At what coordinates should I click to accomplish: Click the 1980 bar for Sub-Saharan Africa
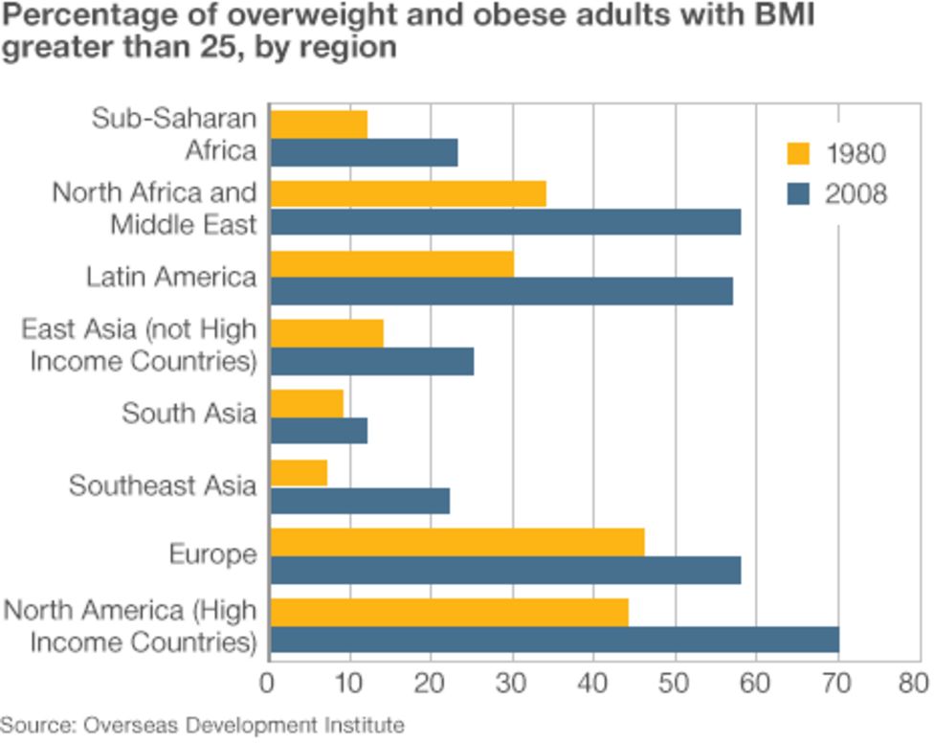click(319, 124)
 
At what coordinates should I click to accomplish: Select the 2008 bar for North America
click(555, 641)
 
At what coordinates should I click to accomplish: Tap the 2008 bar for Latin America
click(501, 291)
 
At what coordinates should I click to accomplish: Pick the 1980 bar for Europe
click(457, 542)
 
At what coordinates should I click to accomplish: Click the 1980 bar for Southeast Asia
click(299, 472)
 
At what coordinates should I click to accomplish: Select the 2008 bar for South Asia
click(319, 431)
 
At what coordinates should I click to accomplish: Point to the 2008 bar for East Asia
click(372, 361)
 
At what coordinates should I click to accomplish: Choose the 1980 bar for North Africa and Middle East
click(409, 193)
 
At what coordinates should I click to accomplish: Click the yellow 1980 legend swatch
click(797, 153)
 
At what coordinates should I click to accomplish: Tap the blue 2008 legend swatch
click(797, 194)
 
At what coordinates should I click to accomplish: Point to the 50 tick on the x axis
click(676, 683)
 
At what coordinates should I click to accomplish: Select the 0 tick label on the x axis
click(268, 683)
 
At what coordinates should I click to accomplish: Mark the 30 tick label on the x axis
click(512, 683)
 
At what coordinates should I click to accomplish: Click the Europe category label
click(212, 554)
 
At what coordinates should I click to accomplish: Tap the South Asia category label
click(189, 414)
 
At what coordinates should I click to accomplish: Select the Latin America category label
click(171, 277)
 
